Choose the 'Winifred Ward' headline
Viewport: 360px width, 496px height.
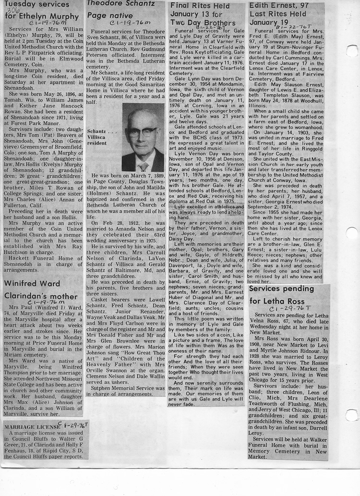[32, 283]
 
